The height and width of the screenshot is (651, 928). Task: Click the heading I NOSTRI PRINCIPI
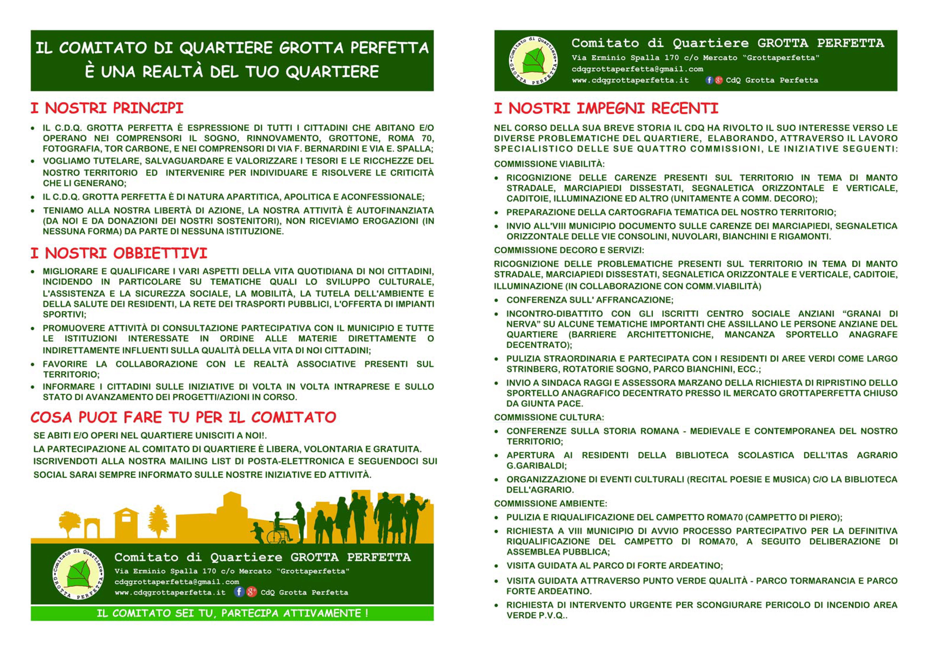click(x=107, y=109)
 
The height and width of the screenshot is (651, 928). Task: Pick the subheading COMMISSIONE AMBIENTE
click(x=550, y=504)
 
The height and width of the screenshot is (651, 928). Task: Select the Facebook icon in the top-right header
click(x=709, y=80)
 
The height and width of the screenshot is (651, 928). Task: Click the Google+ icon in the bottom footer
click(x=251, y=592)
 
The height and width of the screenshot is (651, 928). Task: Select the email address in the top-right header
click(x=637, y=69)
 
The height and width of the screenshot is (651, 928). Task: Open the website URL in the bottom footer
click(x=170, y=593)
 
